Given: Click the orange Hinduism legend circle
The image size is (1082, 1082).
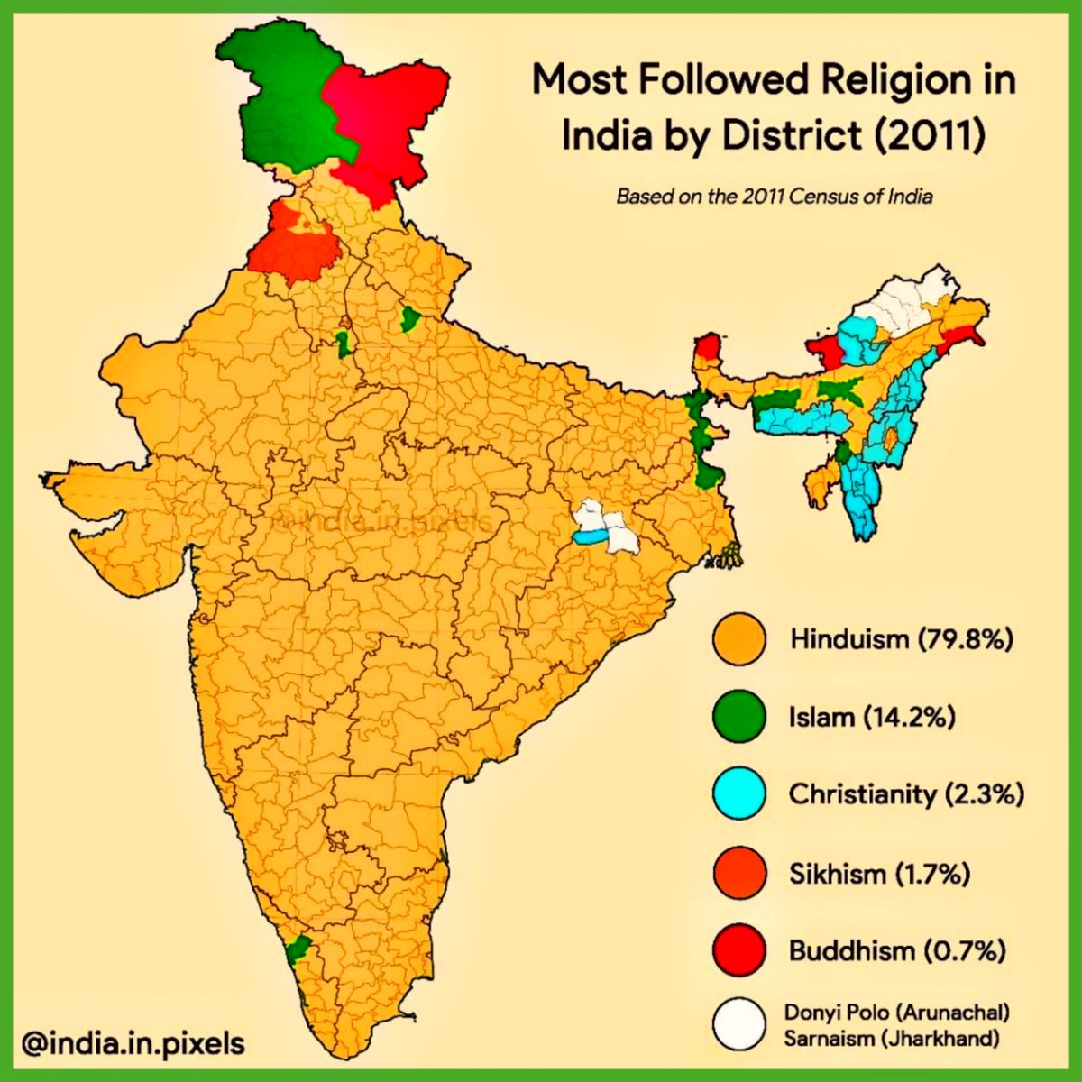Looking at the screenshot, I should pyautogui.click(x=738, y=639).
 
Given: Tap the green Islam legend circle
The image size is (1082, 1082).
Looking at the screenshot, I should pyautogui.click(x=738, y=717).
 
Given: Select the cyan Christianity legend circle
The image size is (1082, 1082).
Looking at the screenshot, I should pyautogui.click(x=738, y=794).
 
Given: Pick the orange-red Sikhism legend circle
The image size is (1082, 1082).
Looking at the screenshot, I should pyautogui.click(x=738, y=873).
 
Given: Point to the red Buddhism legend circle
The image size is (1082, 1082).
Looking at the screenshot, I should pyautogui.click(x=738, y=950).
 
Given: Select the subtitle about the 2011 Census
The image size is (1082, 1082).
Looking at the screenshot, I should pyautogui.click(x=774, y=196).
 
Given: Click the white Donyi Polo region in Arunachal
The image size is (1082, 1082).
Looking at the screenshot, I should pyautogui.click(x=902, y=302).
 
